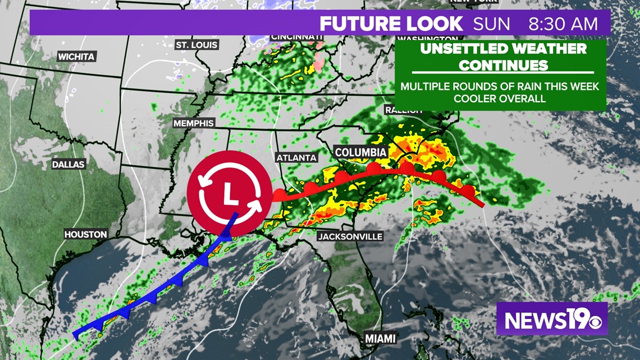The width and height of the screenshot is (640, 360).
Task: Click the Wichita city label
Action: coord(76,57)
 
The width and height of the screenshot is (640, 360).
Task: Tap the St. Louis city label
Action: coord(196,44)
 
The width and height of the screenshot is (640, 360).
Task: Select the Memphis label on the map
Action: coord(194,123)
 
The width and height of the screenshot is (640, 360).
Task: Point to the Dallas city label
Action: coord(68,165)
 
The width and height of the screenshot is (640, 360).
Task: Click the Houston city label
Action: coord(85,234)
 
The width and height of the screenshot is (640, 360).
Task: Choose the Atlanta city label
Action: coord(296,158)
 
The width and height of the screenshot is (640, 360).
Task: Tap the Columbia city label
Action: coord(360,152)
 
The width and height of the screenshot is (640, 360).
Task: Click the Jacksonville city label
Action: coord(350,236)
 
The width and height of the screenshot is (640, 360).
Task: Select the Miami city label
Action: coord(380,338)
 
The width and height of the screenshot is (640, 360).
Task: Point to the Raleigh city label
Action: coord(403,110)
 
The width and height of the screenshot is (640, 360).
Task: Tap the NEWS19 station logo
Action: coord(551,319)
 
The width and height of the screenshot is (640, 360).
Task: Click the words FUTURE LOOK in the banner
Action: coord(391,24)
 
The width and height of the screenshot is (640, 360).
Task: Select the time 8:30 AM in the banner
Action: coord(569,24)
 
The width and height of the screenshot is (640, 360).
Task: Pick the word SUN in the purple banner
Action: coord(492,24)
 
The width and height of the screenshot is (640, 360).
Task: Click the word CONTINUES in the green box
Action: coord(503,65)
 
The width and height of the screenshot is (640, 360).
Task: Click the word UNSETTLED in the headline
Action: coord(463,48)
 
